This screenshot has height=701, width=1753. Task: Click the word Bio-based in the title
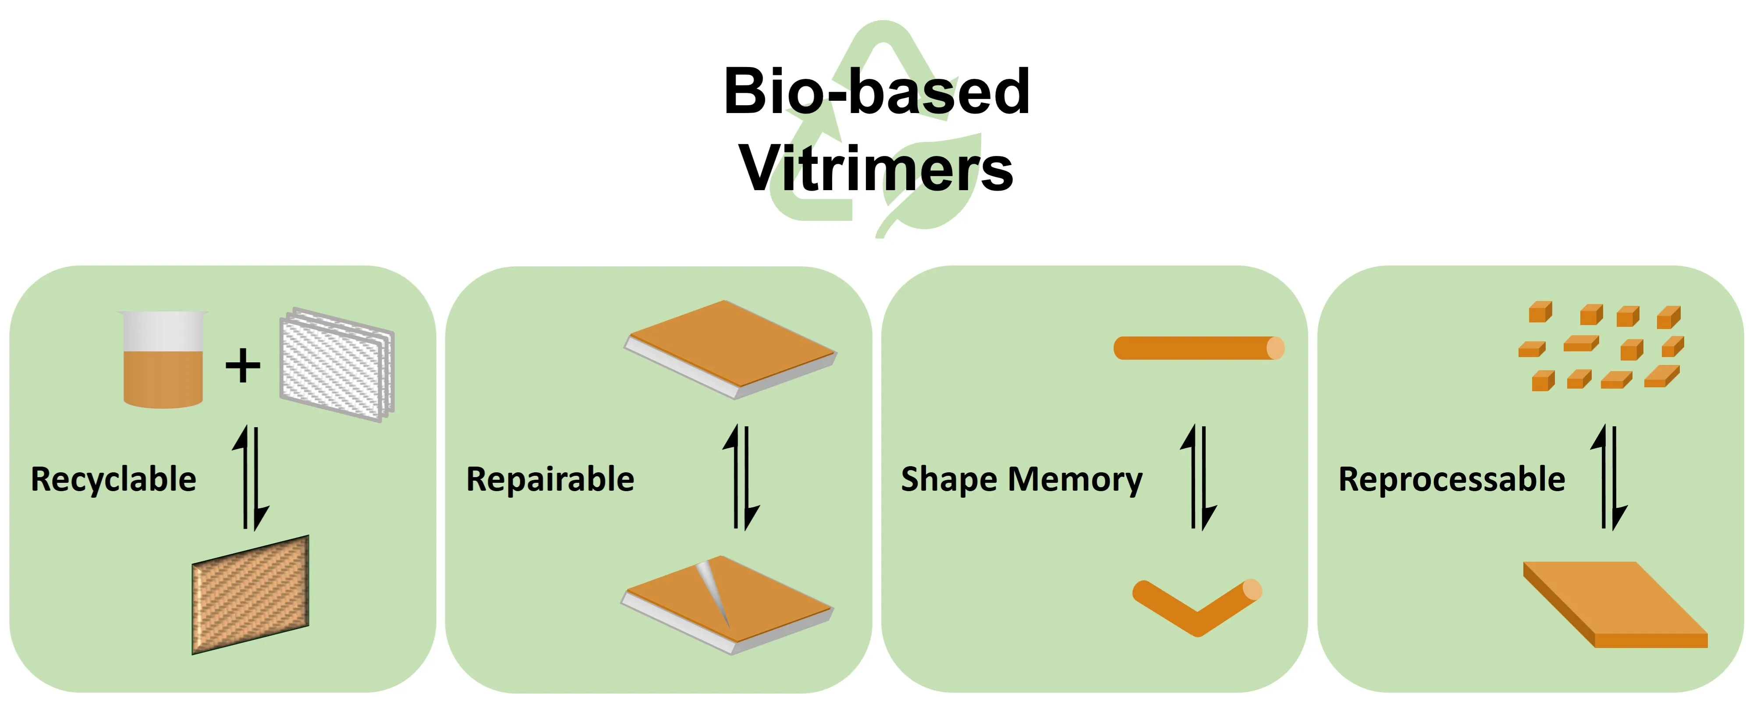click(876, 92)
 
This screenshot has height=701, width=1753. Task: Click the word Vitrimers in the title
click(876, 168)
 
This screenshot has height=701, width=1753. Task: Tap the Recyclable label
click(114, 479)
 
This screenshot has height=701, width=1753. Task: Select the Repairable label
click(550, 479)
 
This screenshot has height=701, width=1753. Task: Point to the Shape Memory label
click(1022, 479)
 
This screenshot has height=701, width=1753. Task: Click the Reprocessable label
click(1451, 479)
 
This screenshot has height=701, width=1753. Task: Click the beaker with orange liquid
click(163, 361)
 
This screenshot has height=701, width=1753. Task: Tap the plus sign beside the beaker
click(242, 366)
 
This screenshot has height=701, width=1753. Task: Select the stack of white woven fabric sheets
click(337, 365)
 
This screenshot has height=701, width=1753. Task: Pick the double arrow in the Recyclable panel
click(250, 478)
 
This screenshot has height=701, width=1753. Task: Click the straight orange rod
click(1198, 348)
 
